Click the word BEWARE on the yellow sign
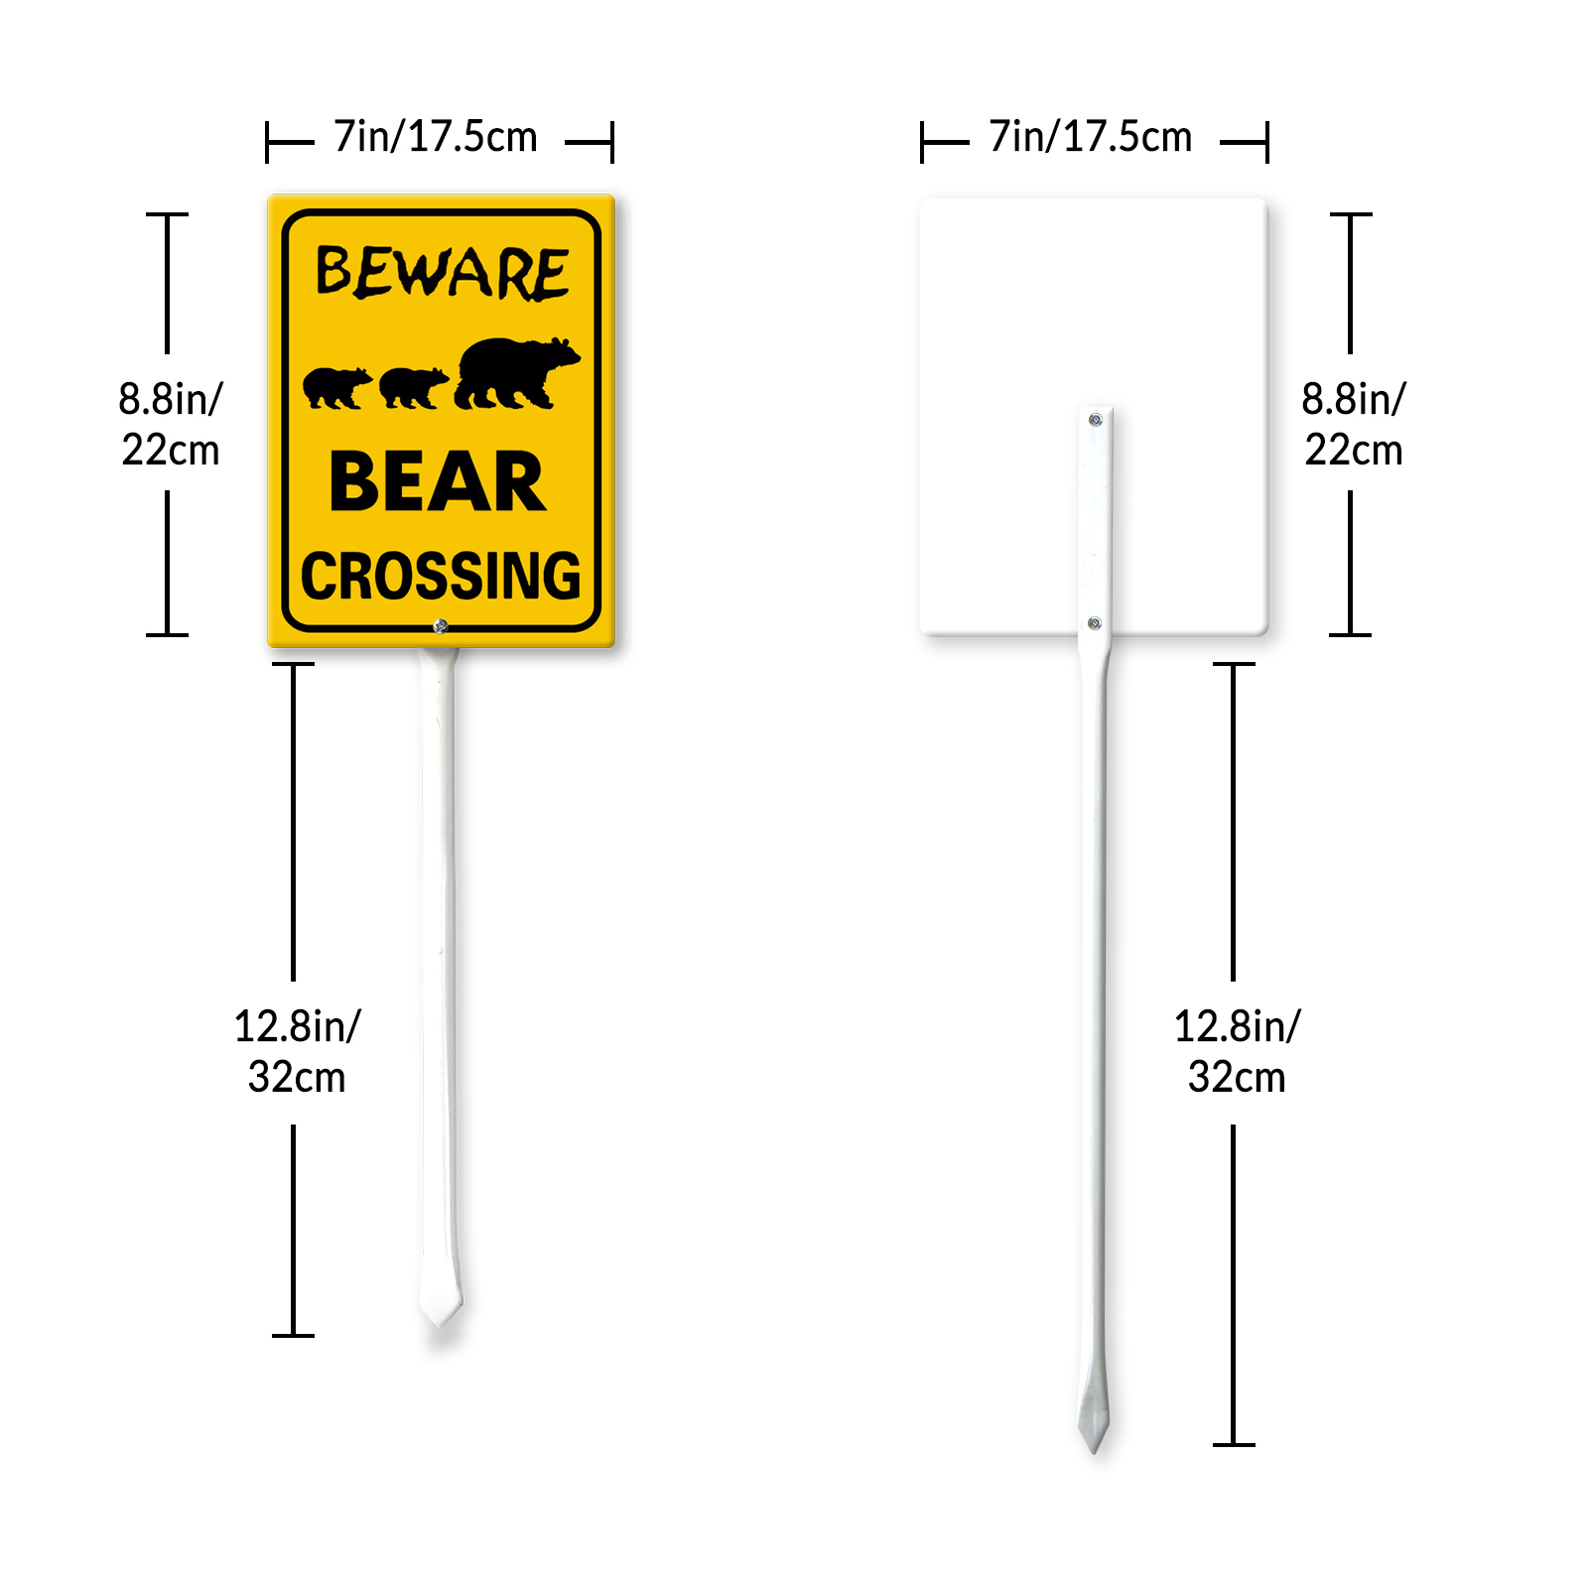click(443, 273)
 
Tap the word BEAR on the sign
click(438, 482)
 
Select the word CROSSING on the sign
click(441, 576)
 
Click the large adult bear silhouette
click(517, 373)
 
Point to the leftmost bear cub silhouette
click(337, 388)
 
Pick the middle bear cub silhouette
click(414, 388)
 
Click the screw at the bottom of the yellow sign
click(441, 626)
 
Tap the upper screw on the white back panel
click(1096, 420)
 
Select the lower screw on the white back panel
click(1095, 623)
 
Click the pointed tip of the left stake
click(441, 1324)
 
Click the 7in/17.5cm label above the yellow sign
click(436, 137)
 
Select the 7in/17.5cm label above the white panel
click(1091, 137)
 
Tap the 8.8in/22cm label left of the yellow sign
click(171, 424)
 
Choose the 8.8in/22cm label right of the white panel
click(1354, 424)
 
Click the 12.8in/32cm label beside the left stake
click(297, 1051)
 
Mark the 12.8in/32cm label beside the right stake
click(1237, 1051)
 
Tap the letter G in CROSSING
click(562, 576)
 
